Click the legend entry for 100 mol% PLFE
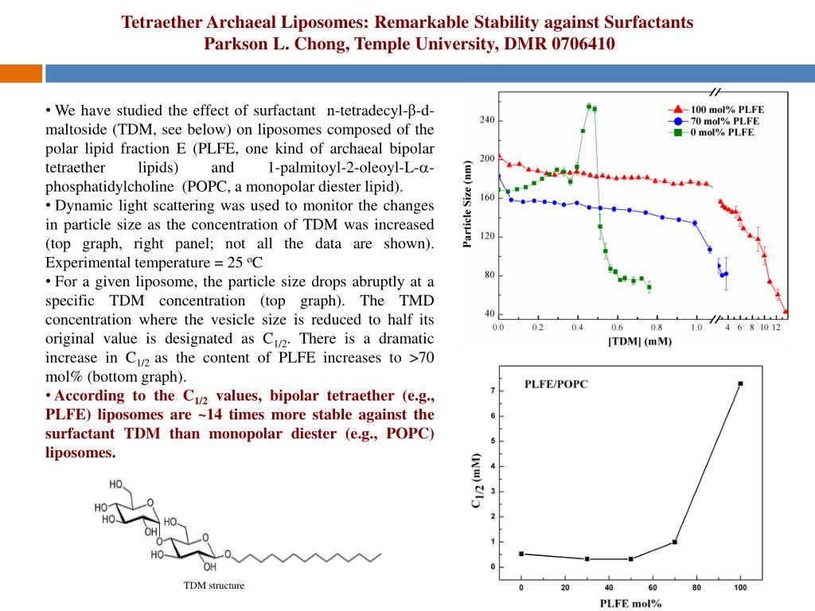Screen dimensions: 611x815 [712, 110]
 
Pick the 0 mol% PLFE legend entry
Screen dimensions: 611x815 [712, 132]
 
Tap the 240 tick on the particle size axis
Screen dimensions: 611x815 [485, 120]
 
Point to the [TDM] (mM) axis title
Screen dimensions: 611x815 [638, 341]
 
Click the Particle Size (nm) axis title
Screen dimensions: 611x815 [468, 205]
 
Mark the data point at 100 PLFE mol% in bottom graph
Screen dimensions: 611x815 [740, 383]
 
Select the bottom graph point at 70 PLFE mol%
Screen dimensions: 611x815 [675, 542]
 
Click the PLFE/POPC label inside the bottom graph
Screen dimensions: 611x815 [556, 384]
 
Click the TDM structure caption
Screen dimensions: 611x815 [214, 586]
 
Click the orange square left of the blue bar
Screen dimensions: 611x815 [21, 73]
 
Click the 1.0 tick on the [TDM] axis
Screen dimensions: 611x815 [696, 327]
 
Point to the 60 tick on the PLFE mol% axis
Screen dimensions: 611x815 [652, 587]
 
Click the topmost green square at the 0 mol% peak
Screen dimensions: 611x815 [589, 106]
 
